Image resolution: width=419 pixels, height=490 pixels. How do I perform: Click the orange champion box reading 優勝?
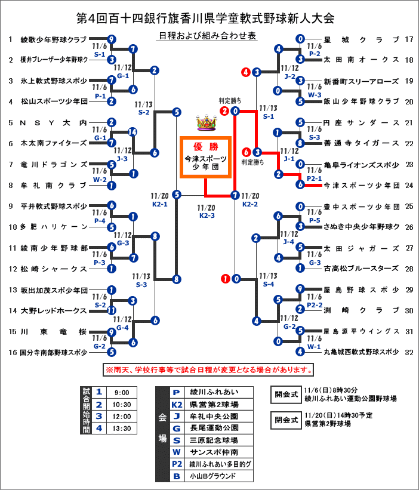tap(206, 156)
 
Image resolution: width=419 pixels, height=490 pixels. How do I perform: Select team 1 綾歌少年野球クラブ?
tap(54, 40)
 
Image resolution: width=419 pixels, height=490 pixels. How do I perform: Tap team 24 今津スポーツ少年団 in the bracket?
tap(361, 185)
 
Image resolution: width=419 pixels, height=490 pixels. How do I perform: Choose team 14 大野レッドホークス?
tap(54, 310)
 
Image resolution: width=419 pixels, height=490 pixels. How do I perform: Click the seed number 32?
tap(409, 352)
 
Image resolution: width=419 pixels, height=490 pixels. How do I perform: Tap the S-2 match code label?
tap(144, 112)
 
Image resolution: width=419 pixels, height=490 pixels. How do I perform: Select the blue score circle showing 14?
tap(133, 132)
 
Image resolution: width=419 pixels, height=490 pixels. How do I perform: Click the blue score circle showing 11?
tap(112, 310)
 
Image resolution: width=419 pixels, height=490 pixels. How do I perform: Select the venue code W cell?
tap(176, 452)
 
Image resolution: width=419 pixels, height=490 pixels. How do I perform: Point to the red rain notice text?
tap(209, 369)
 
